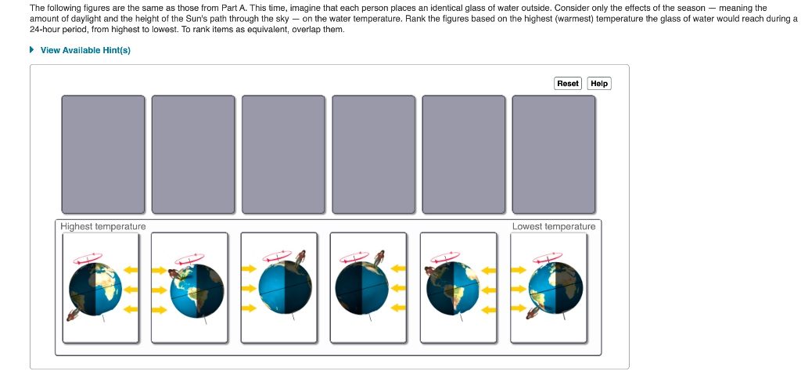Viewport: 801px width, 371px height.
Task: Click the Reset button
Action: point(567,83)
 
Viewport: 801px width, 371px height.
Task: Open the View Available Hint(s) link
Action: point(85,50)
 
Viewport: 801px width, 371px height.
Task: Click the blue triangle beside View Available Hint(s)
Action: point(32,50)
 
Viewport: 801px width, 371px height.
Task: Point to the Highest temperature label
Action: point(103,226)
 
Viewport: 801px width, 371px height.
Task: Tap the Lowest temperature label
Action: point(553,226)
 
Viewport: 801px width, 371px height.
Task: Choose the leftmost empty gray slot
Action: point(103,154)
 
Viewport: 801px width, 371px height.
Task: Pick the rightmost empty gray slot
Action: point(553,154)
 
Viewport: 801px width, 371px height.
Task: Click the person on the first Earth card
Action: point(73,314)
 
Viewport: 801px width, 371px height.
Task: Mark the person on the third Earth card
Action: point(300,257)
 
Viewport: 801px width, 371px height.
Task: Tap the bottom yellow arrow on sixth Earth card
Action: point(519,308)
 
